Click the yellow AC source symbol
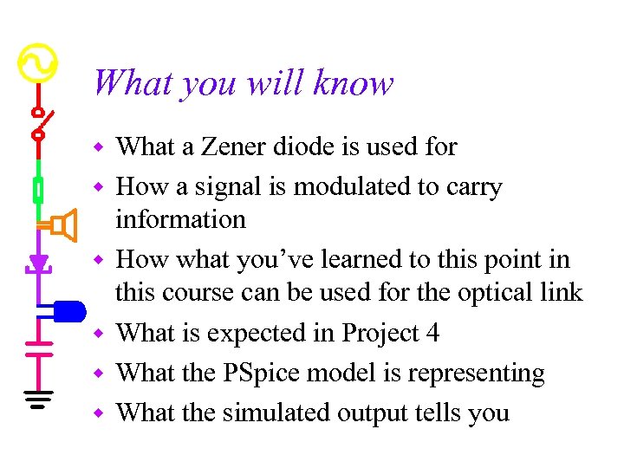(37, 62)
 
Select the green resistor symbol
(38, 188)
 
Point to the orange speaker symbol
(62, 226)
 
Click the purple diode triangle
(38, 261)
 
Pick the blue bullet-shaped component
(68, 309)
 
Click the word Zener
(229, 147)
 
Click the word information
(180, 219)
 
